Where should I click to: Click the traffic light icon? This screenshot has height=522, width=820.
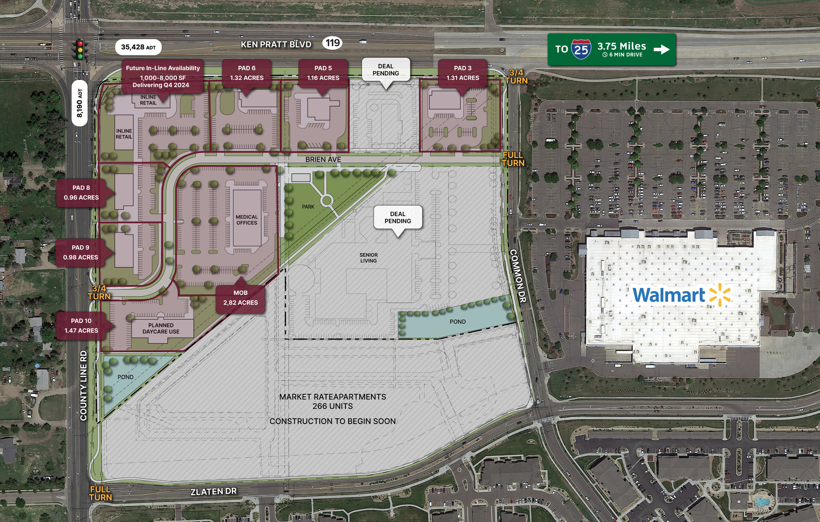[80, 50]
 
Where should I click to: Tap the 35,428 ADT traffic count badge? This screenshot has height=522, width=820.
[138, 47]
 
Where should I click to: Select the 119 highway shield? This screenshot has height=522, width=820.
[332, 43]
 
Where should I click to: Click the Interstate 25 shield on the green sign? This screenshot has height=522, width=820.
[581, 50]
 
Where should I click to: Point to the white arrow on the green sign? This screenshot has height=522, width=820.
[661, 50]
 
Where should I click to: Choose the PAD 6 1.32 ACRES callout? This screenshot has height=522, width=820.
[247, 73]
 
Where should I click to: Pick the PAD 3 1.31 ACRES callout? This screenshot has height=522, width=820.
[462, 73]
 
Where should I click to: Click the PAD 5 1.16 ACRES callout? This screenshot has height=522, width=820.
[323, 73]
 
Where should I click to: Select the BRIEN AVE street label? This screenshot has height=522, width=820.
[323, 159]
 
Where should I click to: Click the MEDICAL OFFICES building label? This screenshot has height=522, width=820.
[247, 220]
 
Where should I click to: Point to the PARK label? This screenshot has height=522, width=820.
[308, 207]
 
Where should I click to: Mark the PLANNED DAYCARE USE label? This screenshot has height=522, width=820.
[161, 328]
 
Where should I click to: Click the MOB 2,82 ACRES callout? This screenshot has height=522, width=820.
[241, 298]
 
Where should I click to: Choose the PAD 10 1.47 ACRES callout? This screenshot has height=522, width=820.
[81, 325]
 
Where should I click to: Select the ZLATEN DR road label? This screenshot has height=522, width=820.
[213, 491]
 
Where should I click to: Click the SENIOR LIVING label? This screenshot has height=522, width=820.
[368, 257]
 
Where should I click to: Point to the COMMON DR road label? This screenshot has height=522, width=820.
[518, 276]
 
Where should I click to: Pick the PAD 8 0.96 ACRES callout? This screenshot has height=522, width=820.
[81, 192]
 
